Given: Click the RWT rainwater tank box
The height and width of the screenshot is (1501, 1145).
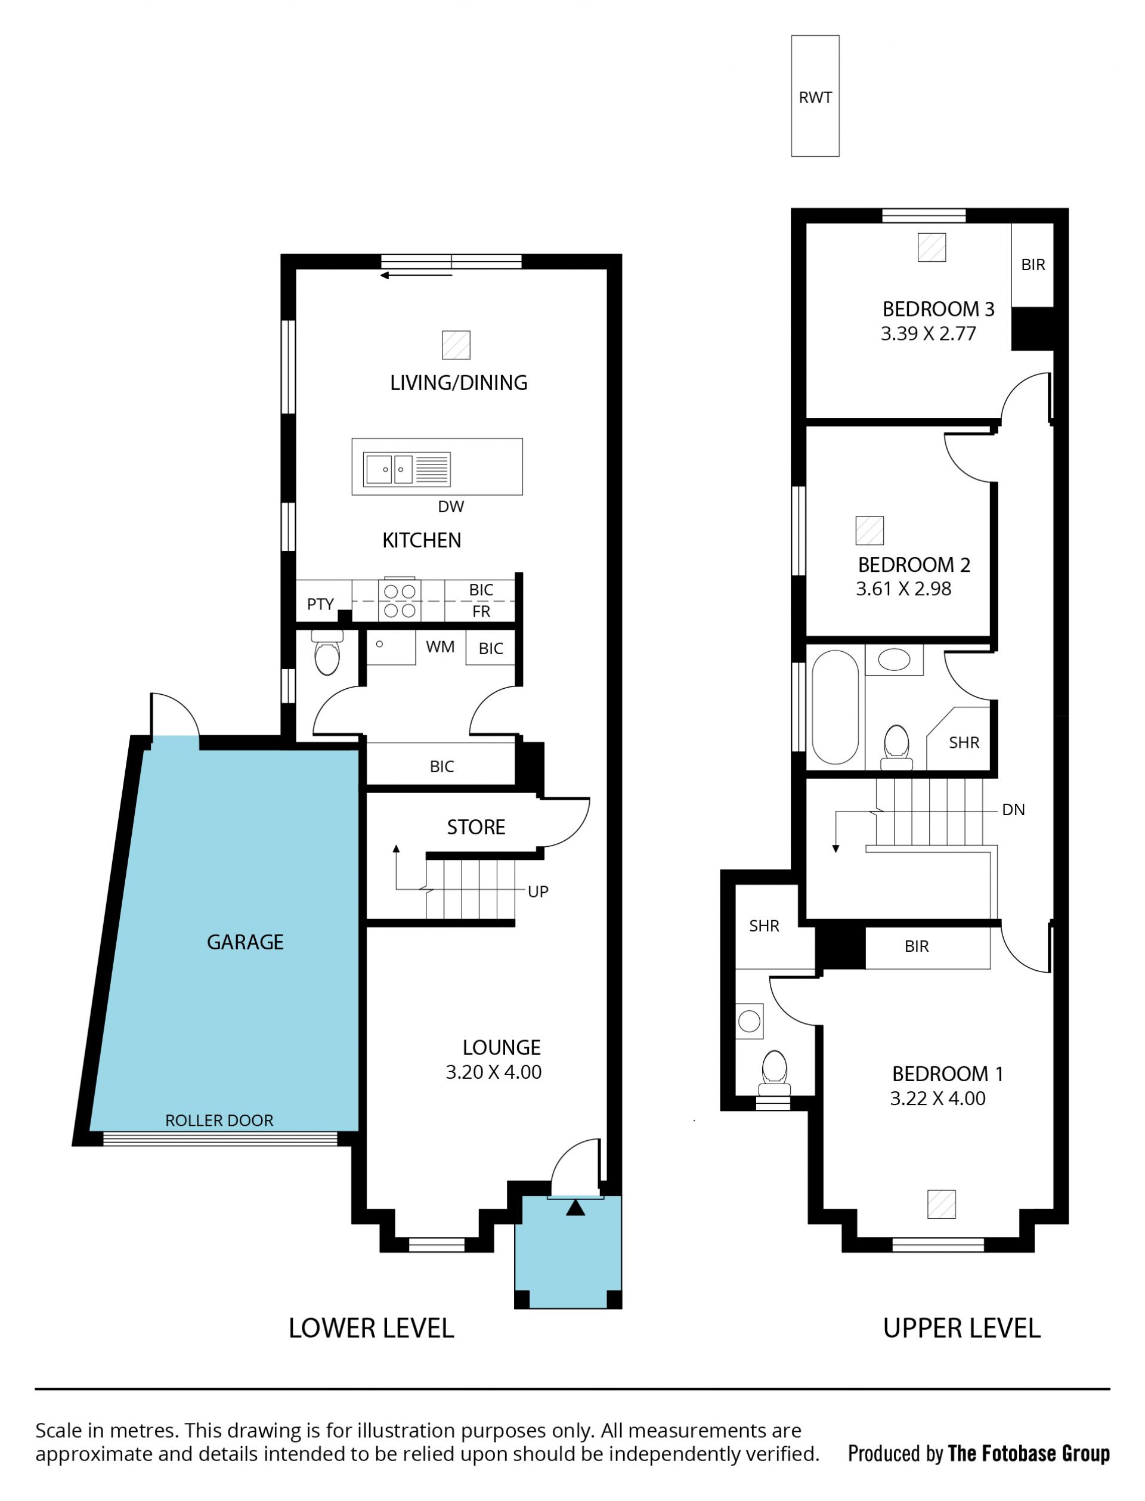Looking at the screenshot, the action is [x=815, y=96].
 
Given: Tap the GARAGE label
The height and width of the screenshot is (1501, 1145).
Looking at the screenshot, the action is [x=245, y=942].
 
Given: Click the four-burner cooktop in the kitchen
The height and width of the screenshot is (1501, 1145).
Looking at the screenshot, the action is [x=400, y=601].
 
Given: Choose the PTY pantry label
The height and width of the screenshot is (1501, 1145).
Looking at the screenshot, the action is [x=320, y=604].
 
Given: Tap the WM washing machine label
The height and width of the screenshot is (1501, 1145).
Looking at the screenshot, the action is [x=440, y=646].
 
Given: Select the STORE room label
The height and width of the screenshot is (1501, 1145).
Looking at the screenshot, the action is [x=476, y=827].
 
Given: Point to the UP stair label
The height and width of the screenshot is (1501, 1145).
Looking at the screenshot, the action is [x=538, y=891].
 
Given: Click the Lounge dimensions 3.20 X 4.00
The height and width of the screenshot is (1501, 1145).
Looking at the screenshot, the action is [x=493, y=1072].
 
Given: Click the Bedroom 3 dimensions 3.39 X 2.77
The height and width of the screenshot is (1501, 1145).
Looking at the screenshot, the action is [x=929, y=333].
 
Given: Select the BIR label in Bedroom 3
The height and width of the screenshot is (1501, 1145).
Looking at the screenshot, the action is [x=1032, y=264].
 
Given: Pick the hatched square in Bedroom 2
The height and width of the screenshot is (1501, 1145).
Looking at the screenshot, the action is [x=869, y=530].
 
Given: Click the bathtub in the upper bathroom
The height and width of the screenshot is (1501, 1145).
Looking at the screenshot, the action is [x=835, y=707].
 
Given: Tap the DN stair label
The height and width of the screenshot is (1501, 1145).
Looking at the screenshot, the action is [x=1013, y=809].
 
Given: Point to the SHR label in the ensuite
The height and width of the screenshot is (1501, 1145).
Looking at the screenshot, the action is [x=763, y=926].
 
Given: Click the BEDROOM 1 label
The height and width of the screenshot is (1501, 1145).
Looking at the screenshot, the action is [x=948, y=1074].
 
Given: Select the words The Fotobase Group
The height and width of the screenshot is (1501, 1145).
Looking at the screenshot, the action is [x=1029, y=1453].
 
